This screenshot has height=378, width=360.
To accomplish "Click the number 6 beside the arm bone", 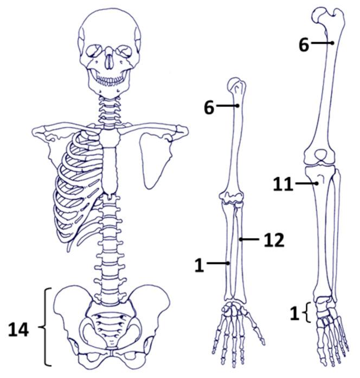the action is click(209, 107).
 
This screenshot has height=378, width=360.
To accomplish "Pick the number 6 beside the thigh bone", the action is click(304, 45).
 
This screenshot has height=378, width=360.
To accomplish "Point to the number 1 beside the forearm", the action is click(199, 265).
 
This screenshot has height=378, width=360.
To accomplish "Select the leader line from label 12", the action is click(250, 239).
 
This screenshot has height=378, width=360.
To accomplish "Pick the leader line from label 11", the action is click(307, 185).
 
